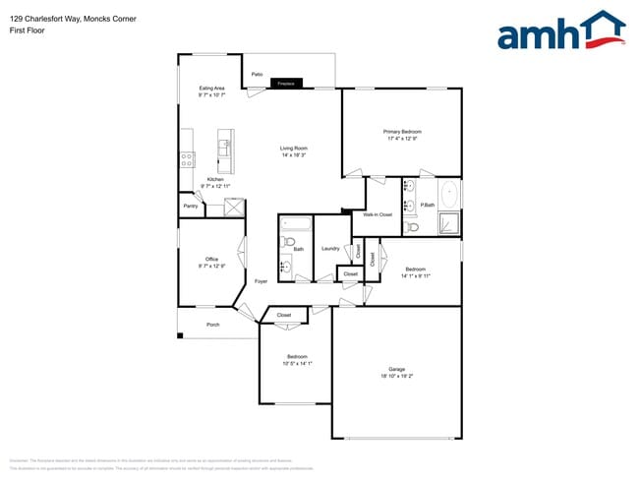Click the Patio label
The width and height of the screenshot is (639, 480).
coord(257,74)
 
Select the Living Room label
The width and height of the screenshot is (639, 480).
coord(293,149)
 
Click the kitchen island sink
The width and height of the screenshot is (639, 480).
coord(223,149)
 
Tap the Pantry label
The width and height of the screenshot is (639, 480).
coord(191,207)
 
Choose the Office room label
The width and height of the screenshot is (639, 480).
coord(211,259)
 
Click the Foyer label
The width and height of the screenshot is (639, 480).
coord(261,282)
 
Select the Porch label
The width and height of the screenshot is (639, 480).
coord(212,325)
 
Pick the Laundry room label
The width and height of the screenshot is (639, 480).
coord(330,249)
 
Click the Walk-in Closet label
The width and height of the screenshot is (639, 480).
coord(378,213)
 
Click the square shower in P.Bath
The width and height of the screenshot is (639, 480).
coord(448,223)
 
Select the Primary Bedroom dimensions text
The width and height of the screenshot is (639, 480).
coord(402,139)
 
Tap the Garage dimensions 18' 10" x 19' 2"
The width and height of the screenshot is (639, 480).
coord(396,376)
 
